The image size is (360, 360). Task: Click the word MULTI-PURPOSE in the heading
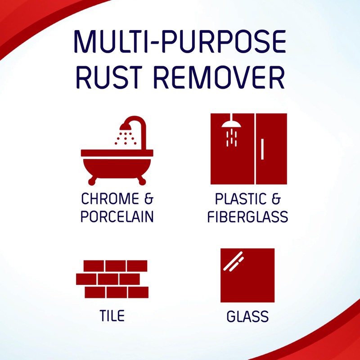tap(180, 42)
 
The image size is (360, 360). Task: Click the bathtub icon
tap(117, 164)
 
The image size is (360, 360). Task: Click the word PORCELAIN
tap(117, 217)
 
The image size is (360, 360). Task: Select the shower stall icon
tap(248, 149)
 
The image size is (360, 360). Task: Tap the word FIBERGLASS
tap(247, 217)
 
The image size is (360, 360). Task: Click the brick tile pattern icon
tap(112, 279)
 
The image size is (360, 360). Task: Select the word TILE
tap(112, 315)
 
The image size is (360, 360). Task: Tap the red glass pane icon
tap(247, 275)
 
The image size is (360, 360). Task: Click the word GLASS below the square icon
tap(247, 316)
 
